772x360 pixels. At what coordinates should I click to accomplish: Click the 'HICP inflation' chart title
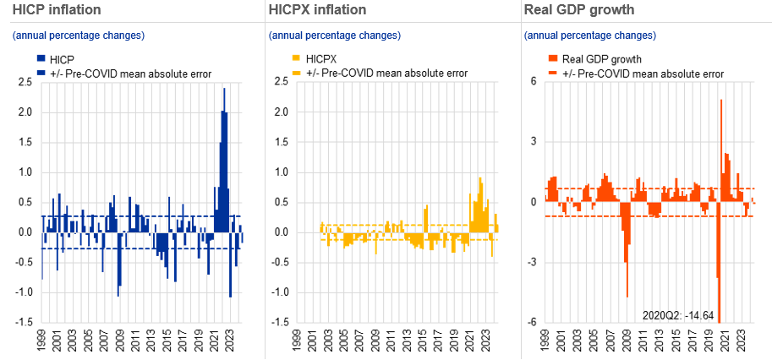coord(51,10)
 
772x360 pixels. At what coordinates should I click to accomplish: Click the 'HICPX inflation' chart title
coord(316,10)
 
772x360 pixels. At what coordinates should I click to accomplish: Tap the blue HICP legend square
coord(40,59)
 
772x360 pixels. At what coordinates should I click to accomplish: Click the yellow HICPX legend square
coord(295,59)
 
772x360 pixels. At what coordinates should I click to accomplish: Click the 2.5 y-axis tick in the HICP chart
coord(25,82)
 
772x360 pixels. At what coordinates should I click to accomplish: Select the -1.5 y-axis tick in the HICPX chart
coord(279,323)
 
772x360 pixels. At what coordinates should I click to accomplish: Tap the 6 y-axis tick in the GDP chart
coord(534,82)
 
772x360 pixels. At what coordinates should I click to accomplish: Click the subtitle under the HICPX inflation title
coord(334,35)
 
